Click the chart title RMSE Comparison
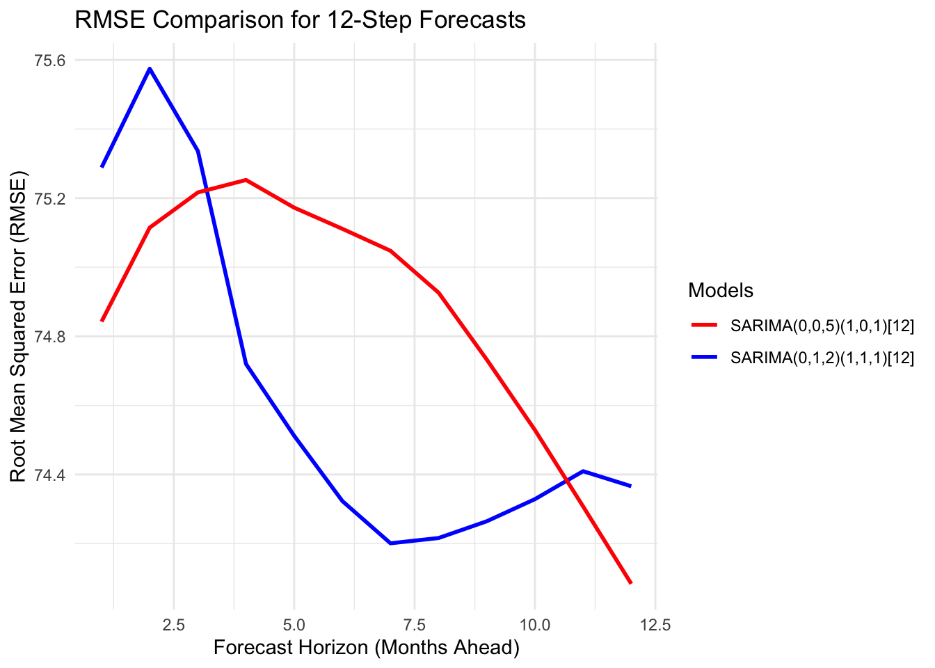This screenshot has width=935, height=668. pyautogui.click(x=300, y=19)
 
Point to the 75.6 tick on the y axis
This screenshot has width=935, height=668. pyautogui.click(x=49, y=61)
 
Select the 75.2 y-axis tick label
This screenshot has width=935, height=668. pyautogui.click(x=49, y=199)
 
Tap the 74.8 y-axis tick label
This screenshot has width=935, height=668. pyautogui.click(x=49, y=337)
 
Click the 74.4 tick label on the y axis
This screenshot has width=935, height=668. pyautogui.click(x=49, y=475)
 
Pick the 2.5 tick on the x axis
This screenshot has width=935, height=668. pyautogui.click(x=173, y=626)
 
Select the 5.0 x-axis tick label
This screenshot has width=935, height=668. pyautogui.click(x=294, y=626)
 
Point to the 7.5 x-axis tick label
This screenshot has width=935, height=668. pyautogui.click(x=414, y=626)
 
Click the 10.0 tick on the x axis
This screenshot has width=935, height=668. pyautogui.click(x=534, y=626)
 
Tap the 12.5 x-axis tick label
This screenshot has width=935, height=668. pyautogui.click(x=655, y=626)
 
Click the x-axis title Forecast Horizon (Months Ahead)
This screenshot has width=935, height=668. pyautogui.click(x=367, y=648)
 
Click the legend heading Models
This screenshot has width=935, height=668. pyautogui.click(x=721, y=290)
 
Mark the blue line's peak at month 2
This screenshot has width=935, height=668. pyautogui.click(x=150, y=69)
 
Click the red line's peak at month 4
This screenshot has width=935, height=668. pyautogui.click(x=246, y=180)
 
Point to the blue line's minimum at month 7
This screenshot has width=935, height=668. pyautogui.click(x=390, y=543)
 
